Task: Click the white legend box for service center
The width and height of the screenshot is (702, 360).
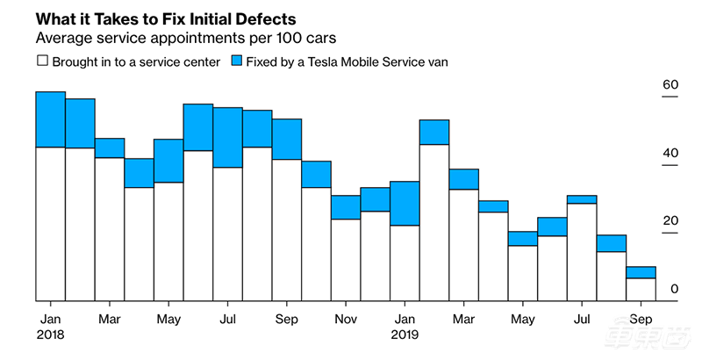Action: click(x=41, y=62)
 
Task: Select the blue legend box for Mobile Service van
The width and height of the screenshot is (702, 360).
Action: click(x=237, y=62)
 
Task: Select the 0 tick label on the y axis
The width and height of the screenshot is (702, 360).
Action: click(x=649, y=288)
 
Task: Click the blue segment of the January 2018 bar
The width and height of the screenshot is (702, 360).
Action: click(x=50, y=119)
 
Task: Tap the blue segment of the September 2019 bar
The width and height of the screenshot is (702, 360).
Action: click(x=641, y=272)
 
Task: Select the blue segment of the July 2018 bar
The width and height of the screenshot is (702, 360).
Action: click(x=227, y=137)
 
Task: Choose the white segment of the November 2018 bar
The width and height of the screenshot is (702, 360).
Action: click(x=346, y=260)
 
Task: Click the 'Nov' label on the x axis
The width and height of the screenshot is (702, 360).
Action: click(x=346, y=318)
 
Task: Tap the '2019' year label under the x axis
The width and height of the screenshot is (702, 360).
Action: click(x=405, y=334)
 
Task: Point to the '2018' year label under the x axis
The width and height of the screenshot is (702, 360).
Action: click(x=50, y=334)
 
